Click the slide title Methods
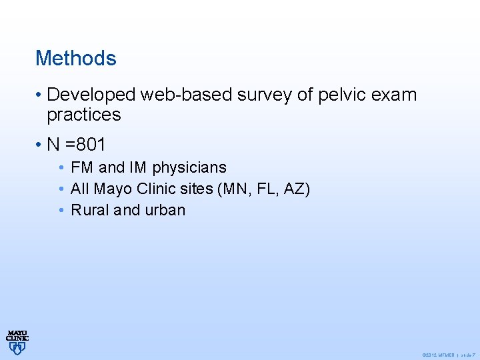pos(75,58)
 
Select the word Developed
pos(93,95)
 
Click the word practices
pos(84,115)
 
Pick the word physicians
pos(189,167)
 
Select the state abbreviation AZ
pos(295,189)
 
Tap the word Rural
pos(90,210)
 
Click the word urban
pos(165,210)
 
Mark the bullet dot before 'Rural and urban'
pos(61,210)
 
